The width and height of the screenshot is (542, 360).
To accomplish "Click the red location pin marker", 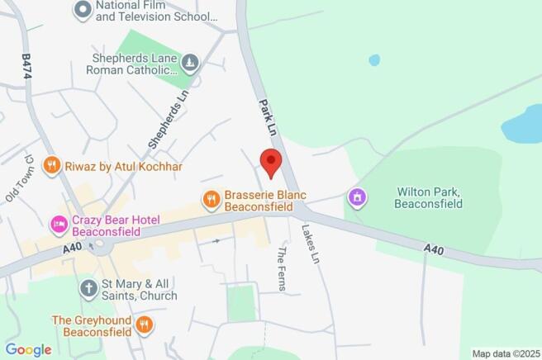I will [271, 161].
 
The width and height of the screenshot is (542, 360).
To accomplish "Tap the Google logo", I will [29, 349].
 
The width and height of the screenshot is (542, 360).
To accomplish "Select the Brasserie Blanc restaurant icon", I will [212, 198].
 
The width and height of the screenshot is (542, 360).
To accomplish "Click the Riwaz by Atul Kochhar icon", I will [52, 166].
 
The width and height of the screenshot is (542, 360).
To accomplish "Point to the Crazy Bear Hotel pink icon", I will [59, 223].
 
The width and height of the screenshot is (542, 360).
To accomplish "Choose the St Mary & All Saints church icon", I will [88, 288].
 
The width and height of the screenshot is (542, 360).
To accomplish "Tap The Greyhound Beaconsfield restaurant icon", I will [144, 324].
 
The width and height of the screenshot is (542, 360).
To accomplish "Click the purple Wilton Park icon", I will [358, 197].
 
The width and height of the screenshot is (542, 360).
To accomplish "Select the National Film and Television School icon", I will [83, 11].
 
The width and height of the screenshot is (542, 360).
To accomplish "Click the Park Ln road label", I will [267, 119].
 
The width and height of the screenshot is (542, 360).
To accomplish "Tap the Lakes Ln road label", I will [309, 244].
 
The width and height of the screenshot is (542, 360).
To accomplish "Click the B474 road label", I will [25, 67].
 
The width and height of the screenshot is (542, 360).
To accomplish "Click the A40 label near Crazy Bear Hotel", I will [73, 248].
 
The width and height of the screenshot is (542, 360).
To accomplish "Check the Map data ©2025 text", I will [505, 353].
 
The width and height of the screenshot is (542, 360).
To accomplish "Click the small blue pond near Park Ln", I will [375, 60].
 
